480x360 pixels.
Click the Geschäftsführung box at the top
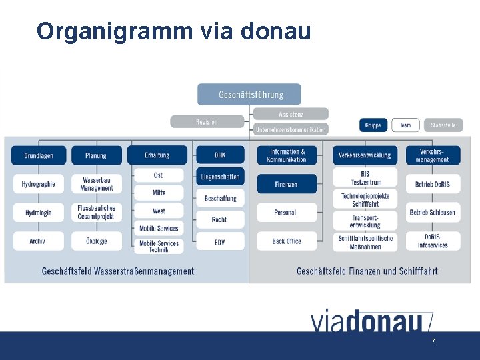point(249,95)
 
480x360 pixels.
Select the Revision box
point(207,122)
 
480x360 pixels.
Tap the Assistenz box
point(290,114)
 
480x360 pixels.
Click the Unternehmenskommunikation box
point(291,129)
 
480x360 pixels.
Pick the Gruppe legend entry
point(373,125)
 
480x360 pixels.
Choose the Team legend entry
point(405,125)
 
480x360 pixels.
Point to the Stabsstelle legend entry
point(443,125)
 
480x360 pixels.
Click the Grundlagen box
point(38,155)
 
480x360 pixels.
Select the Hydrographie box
point(38,184)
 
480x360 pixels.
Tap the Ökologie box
point(97,241)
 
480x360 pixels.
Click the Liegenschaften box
point(219,177)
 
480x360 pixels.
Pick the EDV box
point(219,241)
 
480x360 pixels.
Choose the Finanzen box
point(286,184)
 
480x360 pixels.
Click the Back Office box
point(286,241)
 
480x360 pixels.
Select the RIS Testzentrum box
point(365,178)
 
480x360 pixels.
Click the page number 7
point(433,341)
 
